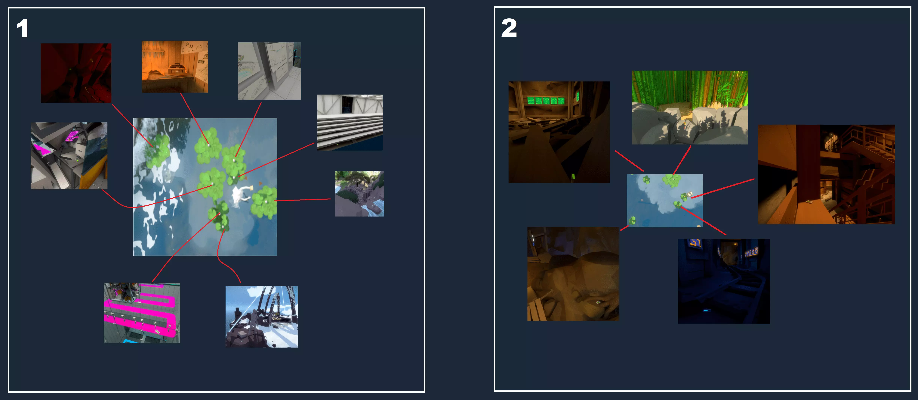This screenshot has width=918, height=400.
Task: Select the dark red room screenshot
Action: (x=76, y=73)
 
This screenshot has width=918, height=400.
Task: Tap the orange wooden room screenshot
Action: (x=175, y=67)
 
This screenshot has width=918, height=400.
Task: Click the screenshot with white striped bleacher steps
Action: (x=350, y=122)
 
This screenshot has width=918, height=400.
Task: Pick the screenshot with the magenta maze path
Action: (x=142, y=313)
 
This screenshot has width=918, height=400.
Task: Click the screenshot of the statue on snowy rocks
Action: (x=262, y=317)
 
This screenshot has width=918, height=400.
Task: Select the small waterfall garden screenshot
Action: (x=359, y=194)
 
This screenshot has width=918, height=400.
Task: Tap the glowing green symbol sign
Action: (x=546, y=101)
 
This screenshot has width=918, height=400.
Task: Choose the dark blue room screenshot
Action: (x=724, y=281)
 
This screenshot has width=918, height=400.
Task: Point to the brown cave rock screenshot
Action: (x=573, y=274)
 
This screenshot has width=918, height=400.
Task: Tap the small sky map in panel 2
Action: (x=665, y=201)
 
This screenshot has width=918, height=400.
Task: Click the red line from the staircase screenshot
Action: (x=723, y=188)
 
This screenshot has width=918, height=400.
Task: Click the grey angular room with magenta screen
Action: (x=69, y=156)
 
